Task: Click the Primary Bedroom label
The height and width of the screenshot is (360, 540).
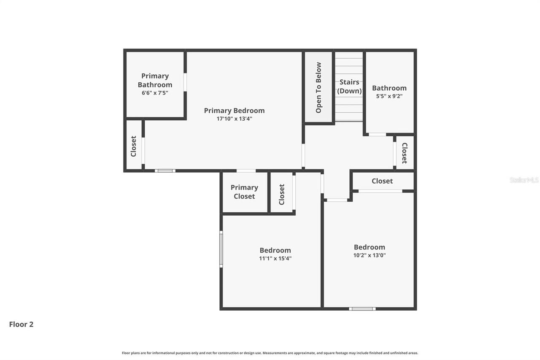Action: coord(234,111)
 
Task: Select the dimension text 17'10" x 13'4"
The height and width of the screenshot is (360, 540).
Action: coord(234,119)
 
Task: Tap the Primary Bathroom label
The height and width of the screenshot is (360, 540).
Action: coord(155,80)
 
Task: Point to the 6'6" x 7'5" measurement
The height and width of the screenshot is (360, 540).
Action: coord(155,92)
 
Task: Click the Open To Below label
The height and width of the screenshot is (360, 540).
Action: coord(319,87)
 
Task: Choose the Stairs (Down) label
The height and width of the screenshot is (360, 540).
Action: coord(349,87)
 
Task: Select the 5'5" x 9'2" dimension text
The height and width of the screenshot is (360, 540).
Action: coord(389,96)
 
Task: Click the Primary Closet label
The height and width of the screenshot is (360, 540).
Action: coord(244,192)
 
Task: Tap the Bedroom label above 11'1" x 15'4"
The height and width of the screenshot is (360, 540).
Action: coord(275,250)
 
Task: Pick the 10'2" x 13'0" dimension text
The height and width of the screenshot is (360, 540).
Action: coord(370,255)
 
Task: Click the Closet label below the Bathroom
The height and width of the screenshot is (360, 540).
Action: coord(404,153)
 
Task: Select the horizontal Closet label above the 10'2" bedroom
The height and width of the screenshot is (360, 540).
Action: coord(382,181)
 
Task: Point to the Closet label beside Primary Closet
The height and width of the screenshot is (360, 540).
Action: coord(282,194)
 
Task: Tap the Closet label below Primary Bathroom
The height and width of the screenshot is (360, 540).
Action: coord(134,146)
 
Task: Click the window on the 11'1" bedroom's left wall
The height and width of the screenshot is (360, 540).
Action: coord(221,249)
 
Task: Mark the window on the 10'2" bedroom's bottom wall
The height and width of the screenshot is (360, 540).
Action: coord(362,309)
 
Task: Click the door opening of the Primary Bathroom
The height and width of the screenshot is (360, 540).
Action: coord(185,82)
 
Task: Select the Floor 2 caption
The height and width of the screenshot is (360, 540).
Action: coord(21,325)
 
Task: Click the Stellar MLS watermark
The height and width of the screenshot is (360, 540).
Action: coord(524,180)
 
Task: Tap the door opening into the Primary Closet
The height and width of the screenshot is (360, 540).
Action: coord(246,171)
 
